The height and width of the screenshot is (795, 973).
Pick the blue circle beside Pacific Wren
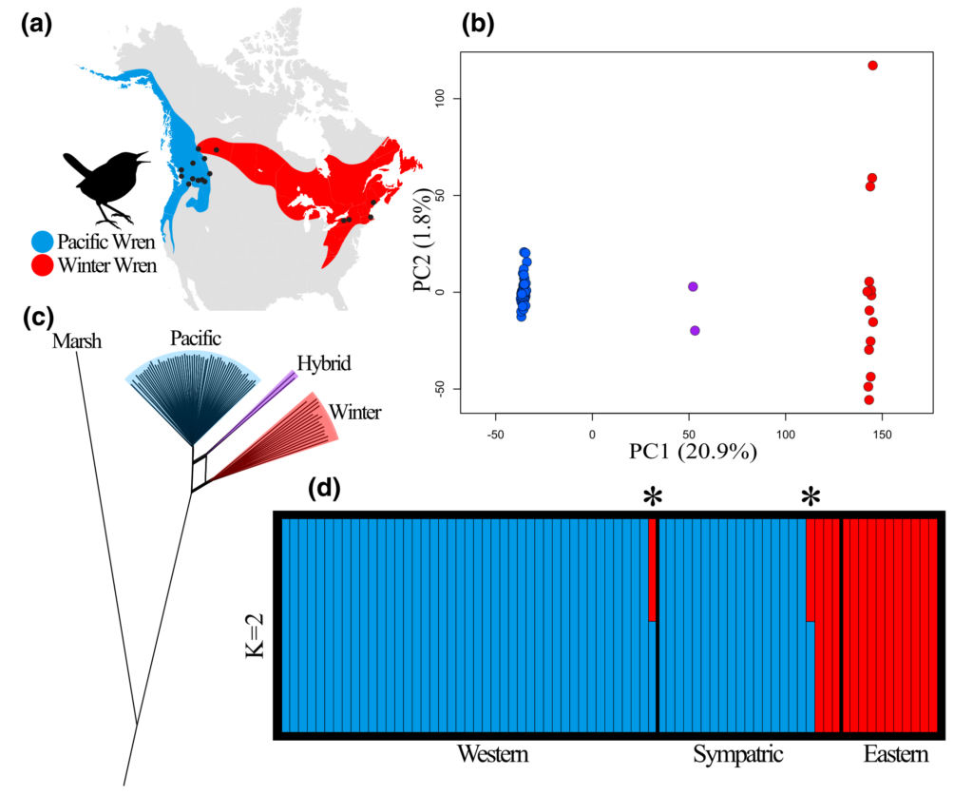(43, 242)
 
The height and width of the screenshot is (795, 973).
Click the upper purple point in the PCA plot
(693, 286)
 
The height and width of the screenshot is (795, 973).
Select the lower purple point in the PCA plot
(695, 330)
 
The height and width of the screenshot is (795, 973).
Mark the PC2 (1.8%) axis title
(420, 242)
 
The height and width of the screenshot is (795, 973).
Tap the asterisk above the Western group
(652, 496)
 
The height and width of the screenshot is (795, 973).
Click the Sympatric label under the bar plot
(737, 755)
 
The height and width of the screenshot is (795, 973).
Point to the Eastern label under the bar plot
(895, 755)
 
